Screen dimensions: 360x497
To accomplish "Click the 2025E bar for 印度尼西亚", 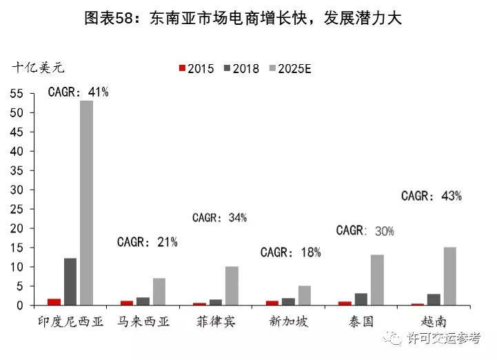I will coord(86,203).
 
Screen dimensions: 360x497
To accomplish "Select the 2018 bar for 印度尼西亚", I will coord(70,281).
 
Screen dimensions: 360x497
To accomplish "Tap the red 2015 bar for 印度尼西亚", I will coord(54,301).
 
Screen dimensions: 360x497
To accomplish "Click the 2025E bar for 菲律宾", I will coord(232,286).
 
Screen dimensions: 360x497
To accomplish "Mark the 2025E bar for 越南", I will coord(449,276).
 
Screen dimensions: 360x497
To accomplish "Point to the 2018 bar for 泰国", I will coord(361,299).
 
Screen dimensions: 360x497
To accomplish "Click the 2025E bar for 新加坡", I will coord(304,295).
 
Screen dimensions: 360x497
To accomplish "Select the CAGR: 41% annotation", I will coord(78,91).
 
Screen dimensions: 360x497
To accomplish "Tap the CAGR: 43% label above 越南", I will coord(431,196).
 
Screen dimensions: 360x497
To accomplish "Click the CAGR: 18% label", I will coord(290,252).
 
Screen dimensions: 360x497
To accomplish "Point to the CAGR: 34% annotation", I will coord(219,217).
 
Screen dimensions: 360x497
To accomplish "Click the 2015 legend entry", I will coord(196,68).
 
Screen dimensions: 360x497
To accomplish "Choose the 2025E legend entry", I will coord(290,68).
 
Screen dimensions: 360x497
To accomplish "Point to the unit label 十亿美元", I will coord(39,68).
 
